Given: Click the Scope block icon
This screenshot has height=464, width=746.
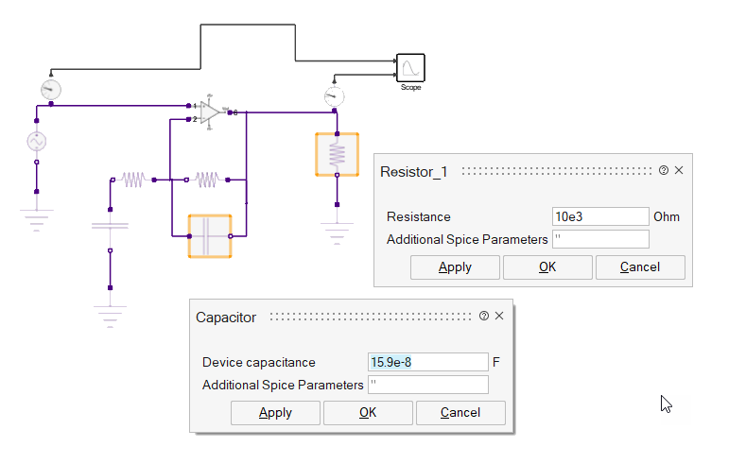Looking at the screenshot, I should (410, 68).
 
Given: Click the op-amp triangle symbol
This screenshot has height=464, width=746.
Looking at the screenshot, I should (210, 112).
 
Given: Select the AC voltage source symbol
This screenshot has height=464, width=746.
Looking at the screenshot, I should (36, 142).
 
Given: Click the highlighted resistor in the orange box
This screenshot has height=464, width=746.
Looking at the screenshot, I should (337, 154).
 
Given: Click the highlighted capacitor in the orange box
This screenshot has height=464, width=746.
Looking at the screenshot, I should (210, 235).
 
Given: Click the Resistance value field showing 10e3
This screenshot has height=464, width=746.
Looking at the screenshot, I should (599, 216).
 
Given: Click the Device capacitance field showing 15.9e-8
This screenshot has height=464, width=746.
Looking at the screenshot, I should (427, 362).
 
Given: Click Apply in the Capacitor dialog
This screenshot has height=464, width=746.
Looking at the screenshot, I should (275, 413).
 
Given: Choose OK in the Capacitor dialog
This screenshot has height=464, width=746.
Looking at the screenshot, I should (368, 413).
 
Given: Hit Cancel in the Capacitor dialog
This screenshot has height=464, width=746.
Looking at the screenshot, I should (460, 413).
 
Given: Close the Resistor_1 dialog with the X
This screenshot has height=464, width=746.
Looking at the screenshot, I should (679, 171).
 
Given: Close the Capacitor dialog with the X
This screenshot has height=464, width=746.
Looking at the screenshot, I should (499, 317).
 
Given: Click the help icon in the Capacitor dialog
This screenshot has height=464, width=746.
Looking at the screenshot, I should (484, 317).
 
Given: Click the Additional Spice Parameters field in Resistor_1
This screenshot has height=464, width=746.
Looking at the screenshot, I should (599, 239).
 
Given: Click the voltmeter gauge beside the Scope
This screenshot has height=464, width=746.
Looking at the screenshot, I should (331, 96).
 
